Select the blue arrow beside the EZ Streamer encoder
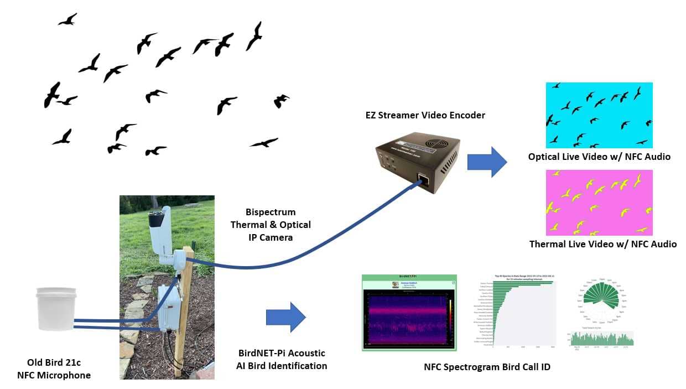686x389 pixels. [487, 162]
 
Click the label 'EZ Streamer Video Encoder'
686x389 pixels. [425, 115]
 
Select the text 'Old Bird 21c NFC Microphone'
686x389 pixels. [59, 369]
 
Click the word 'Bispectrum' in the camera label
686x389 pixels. [271, 212]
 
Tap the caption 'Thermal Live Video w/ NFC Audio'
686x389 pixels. [602, 244]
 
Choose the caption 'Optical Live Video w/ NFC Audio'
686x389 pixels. [599, 157]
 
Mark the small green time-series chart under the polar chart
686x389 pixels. [600, 339]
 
